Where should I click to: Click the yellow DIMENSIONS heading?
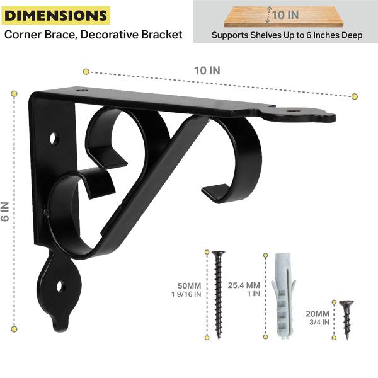tap(56, 15)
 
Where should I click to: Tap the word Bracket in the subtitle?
tap(162, 35)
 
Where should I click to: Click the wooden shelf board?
tap(283, 16)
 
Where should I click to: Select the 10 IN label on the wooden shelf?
tap(285, 15)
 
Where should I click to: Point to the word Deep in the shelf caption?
tap(353, 35)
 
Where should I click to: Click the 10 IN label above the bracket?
tap(207, 71)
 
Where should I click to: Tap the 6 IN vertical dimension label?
tap(5, 212)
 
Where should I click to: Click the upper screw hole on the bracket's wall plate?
tap(54, 139)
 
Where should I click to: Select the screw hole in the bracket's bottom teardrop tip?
tap(60, 287)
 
